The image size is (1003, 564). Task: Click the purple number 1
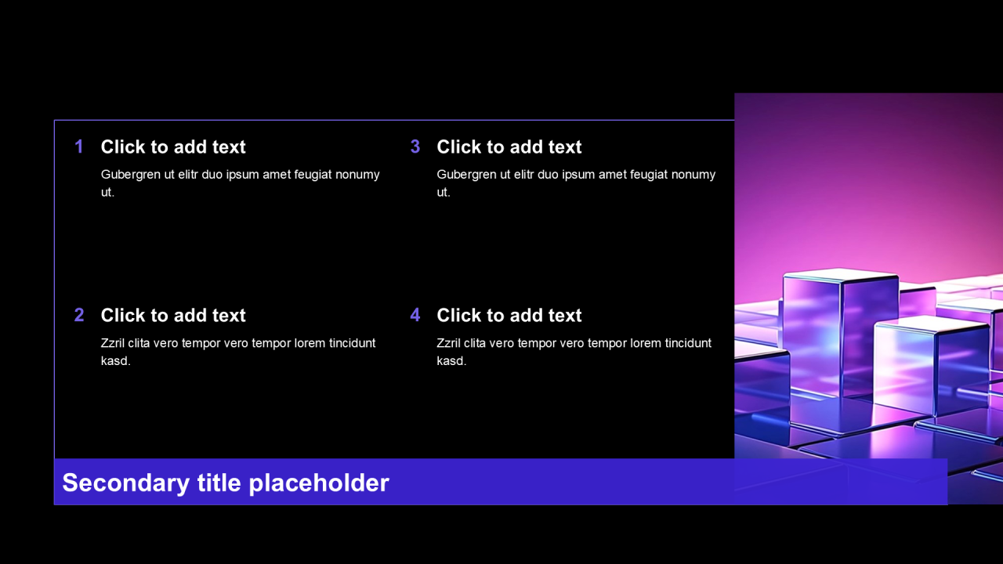[79, 146]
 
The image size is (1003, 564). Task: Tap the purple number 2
[79, 315]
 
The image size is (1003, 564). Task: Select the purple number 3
[415, 146]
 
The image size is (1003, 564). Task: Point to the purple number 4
[415, 315]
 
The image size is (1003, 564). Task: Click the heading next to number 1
[173, 146]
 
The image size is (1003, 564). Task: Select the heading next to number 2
[173, 315]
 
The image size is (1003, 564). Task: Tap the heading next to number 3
[509, 146]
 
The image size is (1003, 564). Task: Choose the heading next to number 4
[509, 315]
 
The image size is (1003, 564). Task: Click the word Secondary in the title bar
[126, 483]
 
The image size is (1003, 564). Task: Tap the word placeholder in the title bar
[319, 483]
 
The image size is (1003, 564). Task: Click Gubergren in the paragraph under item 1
[131, 175]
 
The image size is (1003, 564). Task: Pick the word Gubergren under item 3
[466, 175]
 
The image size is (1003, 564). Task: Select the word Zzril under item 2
[112, 343]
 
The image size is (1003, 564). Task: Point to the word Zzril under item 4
[449, 343]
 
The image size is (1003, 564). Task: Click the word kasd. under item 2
[115, 361]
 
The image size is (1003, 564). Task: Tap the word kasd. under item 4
[452, 361]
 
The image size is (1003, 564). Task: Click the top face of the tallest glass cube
[841, 274]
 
